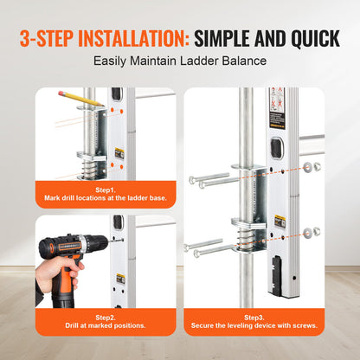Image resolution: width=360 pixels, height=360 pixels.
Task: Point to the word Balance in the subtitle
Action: click(x=239, y=62)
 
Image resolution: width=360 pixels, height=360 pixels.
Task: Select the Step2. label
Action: click(x=105, y=315)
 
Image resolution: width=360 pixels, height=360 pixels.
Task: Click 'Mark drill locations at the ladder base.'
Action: click(x=105, y=197)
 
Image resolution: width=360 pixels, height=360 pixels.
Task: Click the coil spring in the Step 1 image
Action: click(x=87, y=157)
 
